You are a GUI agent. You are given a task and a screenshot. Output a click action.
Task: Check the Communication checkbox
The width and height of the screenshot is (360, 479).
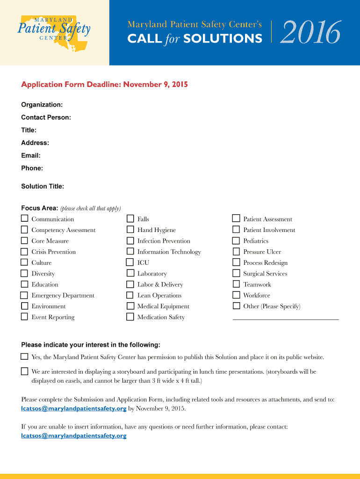(x=24, y=218)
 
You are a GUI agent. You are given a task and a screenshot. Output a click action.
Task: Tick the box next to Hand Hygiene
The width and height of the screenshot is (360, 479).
(x=130, y=230)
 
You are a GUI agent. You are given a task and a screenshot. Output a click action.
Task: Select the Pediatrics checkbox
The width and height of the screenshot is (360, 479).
(x=236, y=240)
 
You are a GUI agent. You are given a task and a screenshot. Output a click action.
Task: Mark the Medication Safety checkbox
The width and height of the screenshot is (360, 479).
(x=130, y=317)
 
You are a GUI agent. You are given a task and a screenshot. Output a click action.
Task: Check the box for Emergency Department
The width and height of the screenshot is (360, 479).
(x=24, y=295)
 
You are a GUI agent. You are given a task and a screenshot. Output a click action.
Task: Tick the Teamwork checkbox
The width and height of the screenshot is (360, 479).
(x=236, y=284)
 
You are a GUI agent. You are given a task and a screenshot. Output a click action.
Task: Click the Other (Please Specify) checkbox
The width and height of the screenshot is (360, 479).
(x=236, y=306)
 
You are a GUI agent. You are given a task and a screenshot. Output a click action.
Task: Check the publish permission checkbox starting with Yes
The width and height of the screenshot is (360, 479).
(x=24, y=356)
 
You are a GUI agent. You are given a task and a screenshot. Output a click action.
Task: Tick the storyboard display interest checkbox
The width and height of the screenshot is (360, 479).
(x=24, y=371)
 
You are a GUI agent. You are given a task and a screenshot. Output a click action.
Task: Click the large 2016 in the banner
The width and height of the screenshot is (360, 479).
(x=310, y=33)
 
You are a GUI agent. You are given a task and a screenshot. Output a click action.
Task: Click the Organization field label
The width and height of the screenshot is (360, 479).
(x=42, y=105)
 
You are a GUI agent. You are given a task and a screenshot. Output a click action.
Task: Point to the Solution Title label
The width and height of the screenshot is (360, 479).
(x=43, y=186)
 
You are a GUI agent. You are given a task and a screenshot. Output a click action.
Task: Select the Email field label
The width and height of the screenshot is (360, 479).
(x=31, y=155)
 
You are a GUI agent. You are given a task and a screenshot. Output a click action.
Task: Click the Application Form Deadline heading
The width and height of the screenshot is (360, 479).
(x=104, y=85)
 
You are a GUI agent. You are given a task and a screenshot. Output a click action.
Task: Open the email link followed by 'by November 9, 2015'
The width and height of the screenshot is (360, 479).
(x=74, y=408)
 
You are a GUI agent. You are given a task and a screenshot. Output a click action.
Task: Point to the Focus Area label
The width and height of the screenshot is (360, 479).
(x=39, y=208)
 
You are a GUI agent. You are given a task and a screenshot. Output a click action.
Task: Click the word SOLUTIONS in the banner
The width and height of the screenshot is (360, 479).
(x=223, y=39)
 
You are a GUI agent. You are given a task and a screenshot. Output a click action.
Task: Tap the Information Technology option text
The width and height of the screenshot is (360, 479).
(x=169, y=252)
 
